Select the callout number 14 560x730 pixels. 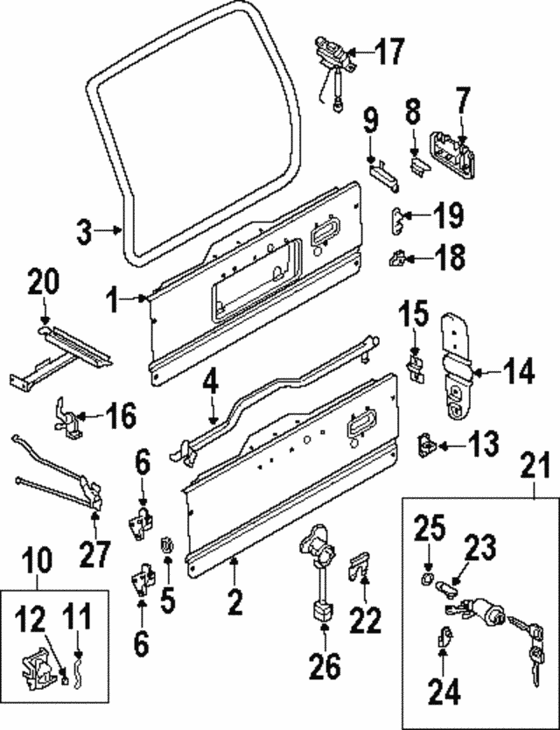pos(518,373)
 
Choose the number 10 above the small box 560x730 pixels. pos(37,559)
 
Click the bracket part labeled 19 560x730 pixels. pos(398,217)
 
